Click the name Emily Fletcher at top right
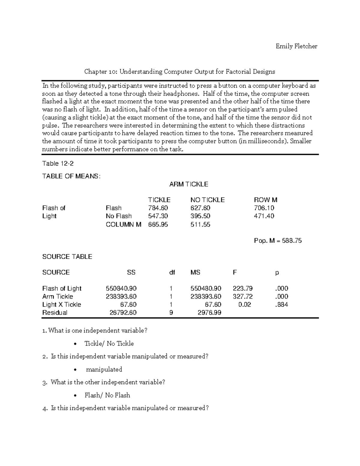tap(296, 46)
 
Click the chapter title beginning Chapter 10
tap(179, 71)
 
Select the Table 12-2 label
tap(58, 164)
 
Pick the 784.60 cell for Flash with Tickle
tap(158, 208)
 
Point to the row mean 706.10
tap(264, 208)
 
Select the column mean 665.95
tap(158, 224)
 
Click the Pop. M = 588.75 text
tap(278, 241)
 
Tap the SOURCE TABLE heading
tap(67, 257)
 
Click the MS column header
tap(195, 272)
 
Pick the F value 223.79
tap(242, 288)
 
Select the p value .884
tap(281, 305)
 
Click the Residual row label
tap(55, 313)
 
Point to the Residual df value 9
tap(171, 313)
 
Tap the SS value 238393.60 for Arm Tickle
tap(121, 296)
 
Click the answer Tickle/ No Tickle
tap(109, 344)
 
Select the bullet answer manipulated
tap(104, 369)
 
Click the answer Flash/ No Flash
tap(107, 395)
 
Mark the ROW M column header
tap(265, 200)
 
